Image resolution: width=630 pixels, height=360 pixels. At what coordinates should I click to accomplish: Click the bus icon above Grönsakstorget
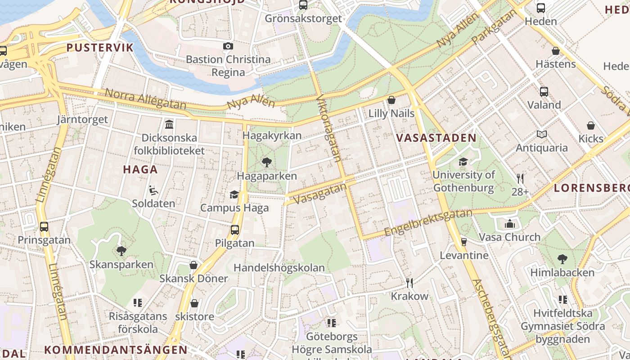[303, 5]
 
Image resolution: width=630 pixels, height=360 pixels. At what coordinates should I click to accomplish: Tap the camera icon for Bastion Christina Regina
[228, 46]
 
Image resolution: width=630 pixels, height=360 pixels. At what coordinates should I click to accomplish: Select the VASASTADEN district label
[436, 138]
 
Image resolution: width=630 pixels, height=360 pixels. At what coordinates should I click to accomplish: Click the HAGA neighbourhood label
[140, 170]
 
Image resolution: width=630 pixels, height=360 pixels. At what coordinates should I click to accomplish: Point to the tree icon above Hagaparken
[266, 162]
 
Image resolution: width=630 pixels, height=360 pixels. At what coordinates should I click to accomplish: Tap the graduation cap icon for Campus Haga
[234, 194]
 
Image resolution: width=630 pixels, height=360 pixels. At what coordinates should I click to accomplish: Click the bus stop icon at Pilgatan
[234, 230]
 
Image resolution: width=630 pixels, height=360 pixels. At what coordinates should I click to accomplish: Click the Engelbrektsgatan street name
[428, 222]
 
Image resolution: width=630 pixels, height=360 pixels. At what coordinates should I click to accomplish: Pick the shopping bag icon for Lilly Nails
[391, 99]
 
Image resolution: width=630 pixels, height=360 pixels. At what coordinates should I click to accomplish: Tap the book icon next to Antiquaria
[541, 134]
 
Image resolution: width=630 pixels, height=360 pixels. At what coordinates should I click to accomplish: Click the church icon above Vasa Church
[509, 223]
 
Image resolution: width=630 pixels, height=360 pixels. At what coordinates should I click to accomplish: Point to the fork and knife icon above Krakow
[409, 283]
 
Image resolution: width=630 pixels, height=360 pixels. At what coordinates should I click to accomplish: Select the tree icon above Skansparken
[121, 251]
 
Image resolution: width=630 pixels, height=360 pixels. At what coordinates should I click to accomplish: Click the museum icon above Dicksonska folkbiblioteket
[169, 124]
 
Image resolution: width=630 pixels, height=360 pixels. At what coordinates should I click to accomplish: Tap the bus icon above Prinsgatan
[44, 226]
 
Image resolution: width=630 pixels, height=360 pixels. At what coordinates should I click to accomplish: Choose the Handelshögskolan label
[279, 268]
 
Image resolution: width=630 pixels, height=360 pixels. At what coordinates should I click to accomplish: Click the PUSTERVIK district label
[100, 48]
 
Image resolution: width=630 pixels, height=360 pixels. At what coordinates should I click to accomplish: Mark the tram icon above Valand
[544, 91]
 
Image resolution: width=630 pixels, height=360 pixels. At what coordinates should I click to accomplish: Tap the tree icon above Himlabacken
[562, 259]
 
